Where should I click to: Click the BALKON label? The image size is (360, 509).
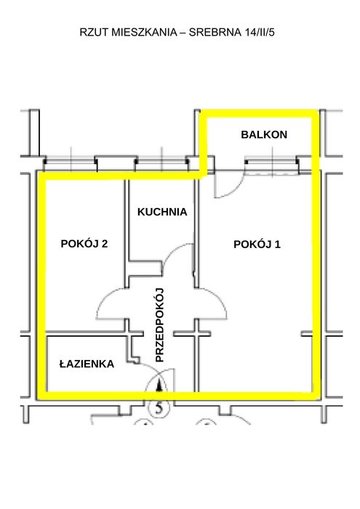pos(264,135)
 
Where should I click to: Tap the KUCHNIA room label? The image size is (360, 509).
pos(162,212)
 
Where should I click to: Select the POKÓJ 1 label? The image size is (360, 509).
pos(257,244)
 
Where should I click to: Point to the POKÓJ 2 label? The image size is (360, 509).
pos(84,244)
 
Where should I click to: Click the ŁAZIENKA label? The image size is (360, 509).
pos(87,364)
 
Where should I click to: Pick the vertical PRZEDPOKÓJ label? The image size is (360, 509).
pos(160,325)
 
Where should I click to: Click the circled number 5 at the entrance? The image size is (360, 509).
pos(159,407)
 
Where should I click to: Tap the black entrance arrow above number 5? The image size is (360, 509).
pos(159,385)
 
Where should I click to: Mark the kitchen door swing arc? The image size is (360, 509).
pos(172,251)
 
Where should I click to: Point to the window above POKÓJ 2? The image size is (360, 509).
pos(71,164)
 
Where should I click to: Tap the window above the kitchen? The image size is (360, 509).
pos(161,164)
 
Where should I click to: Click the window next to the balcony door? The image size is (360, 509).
pos(272,166)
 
